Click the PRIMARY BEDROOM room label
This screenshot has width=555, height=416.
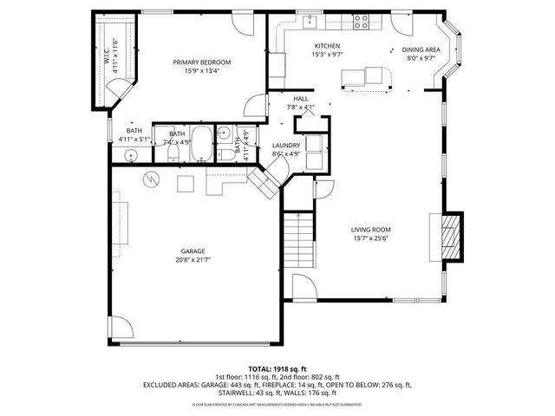[x=201, y=62]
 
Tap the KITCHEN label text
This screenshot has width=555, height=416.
[x=326, y=46]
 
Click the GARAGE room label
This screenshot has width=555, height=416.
[x=193, y=250]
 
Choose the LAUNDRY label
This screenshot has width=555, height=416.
[x=285, y=146]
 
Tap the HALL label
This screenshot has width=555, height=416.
[x=301, y=99]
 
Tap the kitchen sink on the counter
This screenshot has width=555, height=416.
[x=310, y=20]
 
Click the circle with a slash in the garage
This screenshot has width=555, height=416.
[x=152, y=179]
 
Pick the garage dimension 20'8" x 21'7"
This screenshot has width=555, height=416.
[x=193, y=259]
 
